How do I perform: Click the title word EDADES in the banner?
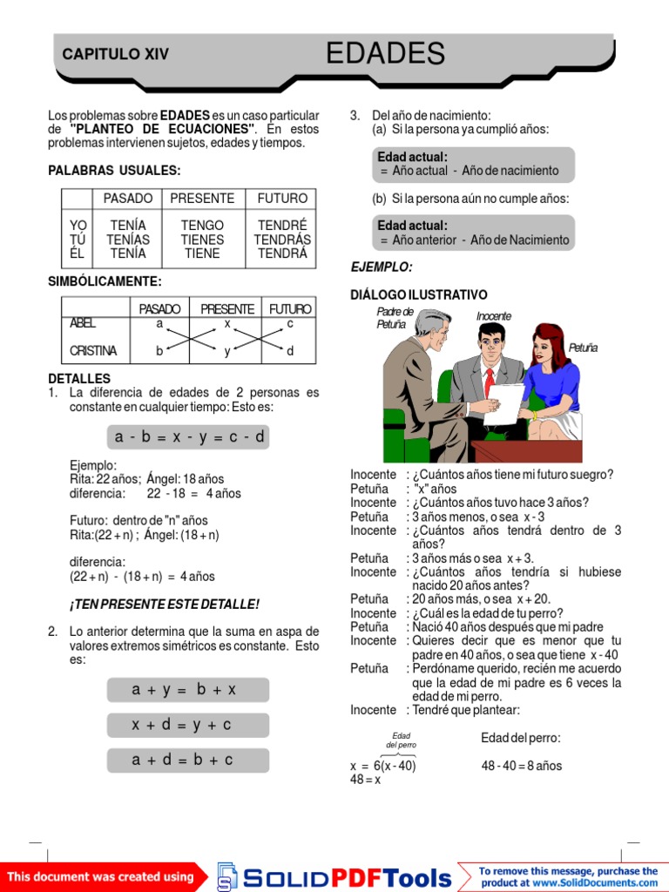(x=385, y=54)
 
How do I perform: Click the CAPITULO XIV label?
(x=115, y=55)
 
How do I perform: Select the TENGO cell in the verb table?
(x=202, y=226)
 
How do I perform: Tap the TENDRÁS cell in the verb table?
(x=282, y=240)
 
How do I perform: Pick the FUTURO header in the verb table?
(x=282, y=199)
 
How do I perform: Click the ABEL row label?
(x=84, y=323)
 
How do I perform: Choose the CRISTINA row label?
(x=93, y=351)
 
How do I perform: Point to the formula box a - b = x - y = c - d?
(x=188, y=437)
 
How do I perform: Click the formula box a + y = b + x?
(x=188, y=690)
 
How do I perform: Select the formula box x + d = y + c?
(x=188, y=725)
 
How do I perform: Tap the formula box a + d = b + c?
(x=188, y=760)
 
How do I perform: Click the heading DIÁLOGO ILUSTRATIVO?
(x=419, y=295)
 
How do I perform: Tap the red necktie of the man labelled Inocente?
(x=490, y=382)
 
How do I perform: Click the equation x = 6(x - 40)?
(x=383, y=767)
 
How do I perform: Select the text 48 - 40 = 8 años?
(x=521, y=767)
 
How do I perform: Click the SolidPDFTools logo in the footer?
(x=335, y=876)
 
